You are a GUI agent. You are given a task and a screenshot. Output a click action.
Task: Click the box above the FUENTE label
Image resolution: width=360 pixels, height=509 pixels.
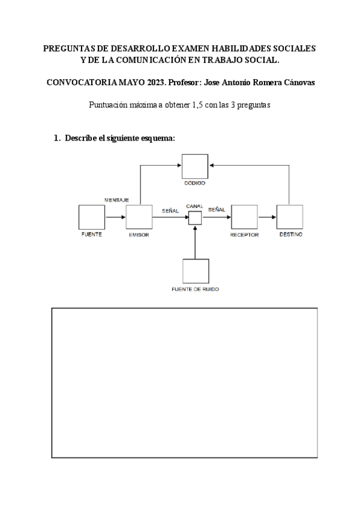click(92, 217)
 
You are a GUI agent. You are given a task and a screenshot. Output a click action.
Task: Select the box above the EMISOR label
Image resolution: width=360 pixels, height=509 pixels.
click(139, 217)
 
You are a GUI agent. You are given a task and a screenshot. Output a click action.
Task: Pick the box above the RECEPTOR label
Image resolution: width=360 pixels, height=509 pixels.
click(244, 217)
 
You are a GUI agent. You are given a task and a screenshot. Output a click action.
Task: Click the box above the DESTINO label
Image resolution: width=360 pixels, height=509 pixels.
click(290, 217)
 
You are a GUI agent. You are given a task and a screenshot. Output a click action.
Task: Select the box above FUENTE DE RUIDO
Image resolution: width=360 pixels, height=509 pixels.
click(196, 271)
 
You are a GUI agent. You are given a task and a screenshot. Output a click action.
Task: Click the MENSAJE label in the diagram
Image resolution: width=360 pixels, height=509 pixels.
click(117, 199)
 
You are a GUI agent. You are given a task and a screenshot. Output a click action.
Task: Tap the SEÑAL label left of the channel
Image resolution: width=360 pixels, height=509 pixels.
click(170, 210)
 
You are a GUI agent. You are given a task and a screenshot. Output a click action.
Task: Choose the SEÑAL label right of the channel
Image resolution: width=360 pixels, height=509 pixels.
click(217, 210)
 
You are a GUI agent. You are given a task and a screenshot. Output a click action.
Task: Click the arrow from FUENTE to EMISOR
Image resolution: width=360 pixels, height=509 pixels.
click(115, 217)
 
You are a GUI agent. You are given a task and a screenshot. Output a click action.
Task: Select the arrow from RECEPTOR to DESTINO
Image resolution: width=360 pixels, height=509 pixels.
click(267, 217)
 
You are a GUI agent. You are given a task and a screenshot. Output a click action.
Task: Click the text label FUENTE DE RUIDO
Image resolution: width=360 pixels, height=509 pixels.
click(195, 289)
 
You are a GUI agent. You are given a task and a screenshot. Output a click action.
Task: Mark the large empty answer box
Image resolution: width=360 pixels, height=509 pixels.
click(184, 382)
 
